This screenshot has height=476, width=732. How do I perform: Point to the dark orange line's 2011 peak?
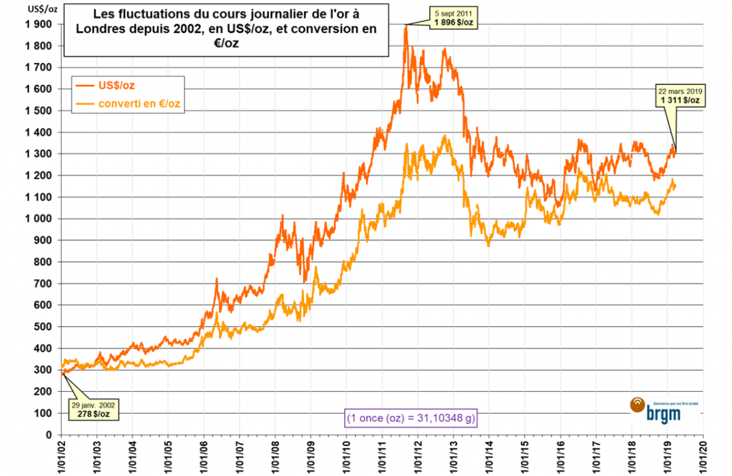(x=405, y=26)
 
